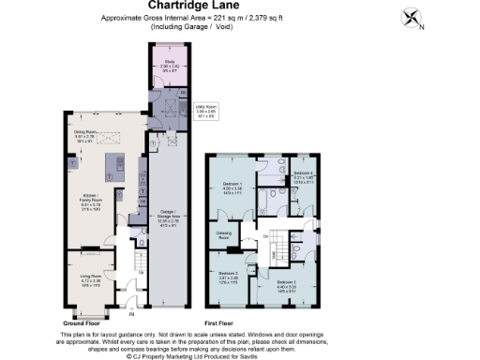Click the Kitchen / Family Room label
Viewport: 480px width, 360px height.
(87, 198)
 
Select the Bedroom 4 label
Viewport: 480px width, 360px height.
(303, 174)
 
